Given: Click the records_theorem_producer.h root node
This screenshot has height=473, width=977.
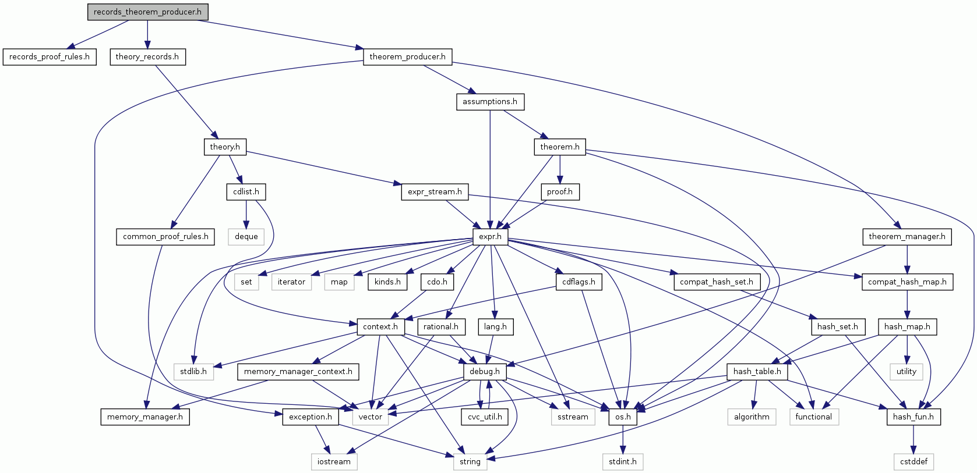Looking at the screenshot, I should (147, 12).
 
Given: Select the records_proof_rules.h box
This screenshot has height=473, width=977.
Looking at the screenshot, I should (50, 57).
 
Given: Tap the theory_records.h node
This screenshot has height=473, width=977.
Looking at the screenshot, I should (147, 57).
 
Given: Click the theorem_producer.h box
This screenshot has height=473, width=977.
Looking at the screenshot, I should (407, 57).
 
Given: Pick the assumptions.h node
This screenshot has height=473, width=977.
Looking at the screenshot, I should (489, 102).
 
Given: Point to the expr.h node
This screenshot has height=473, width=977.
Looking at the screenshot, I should (490, 237).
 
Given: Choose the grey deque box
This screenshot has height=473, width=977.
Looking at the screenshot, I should (246, 237).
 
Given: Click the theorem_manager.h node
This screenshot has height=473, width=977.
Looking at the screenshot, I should (907, 237).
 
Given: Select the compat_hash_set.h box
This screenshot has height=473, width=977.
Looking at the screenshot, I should (716, 282).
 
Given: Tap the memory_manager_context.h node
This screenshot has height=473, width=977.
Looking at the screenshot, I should (298, 372).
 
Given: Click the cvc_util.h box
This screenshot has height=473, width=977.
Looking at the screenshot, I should (484, 417).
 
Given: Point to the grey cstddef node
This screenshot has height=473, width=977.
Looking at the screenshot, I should (913, 462).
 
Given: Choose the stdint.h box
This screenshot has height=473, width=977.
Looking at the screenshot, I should (622, 462).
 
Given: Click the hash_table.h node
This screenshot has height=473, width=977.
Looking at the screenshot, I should (757, 372).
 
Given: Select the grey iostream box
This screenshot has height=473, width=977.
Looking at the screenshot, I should (334, 462).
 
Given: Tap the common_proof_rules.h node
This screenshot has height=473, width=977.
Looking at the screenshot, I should (165, 237).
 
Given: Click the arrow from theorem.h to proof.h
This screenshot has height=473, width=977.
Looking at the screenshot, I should (560, 169).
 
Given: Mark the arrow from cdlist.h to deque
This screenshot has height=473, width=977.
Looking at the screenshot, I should (246, 214).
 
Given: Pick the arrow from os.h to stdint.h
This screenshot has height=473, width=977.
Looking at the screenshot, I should (622, 439).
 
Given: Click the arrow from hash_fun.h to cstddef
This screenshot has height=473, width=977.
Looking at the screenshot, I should (913, 439).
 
